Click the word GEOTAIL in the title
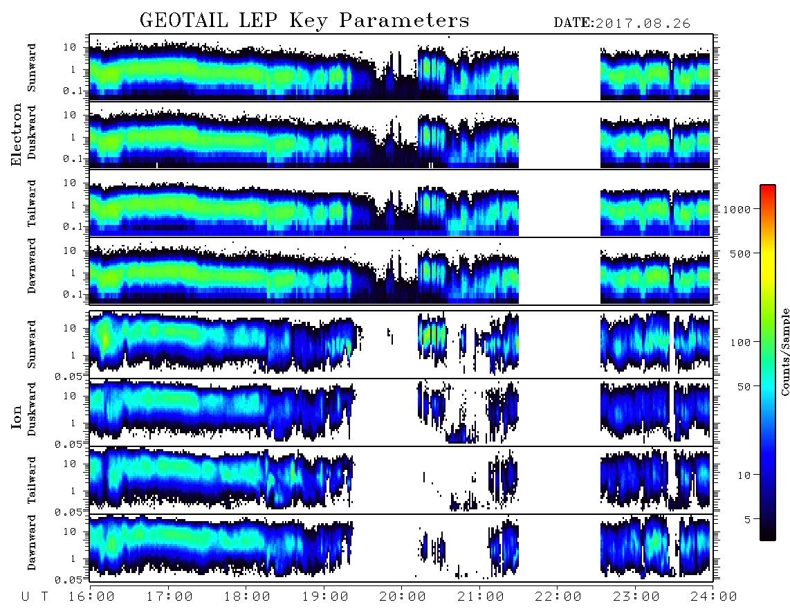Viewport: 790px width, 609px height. click(x=183, y=20)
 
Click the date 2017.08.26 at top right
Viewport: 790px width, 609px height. click(x=643, y=24)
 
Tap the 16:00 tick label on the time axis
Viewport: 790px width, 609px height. click(x=91, y=597)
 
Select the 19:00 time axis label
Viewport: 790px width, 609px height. click(x=325, y=597)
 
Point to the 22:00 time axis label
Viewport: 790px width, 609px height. click(x=558, y=597)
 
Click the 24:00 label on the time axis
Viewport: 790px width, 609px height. click(x=713, y=597)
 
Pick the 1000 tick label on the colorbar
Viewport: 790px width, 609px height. click(x=737, y=209)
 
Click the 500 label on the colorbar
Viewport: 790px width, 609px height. click(x=740, y=253)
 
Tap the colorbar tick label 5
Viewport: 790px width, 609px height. click(x=747, y=519)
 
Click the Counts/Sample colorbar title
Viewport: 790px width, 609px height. click(x=784, y=352)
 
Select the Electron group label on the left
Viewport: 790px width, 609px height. click(x=16, y=134)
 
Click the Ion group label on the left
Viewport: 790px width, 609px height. click(x=16, y=417)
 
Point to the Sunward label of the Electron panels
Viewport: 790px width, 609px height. click(x=32, y=68)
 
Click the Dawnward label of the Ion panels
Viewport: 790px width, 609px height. click(x=32, y=543)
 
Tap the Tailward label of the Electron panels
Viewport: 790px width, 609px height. click(x=32, y=203)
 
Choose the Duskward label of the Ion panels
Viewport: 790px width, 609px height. click(x=32, y=409)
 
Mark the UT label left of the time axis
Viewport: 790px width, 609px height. click(x=35, y=597)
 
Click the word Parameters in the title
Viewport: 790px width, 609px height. click(x=404, y=20)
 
